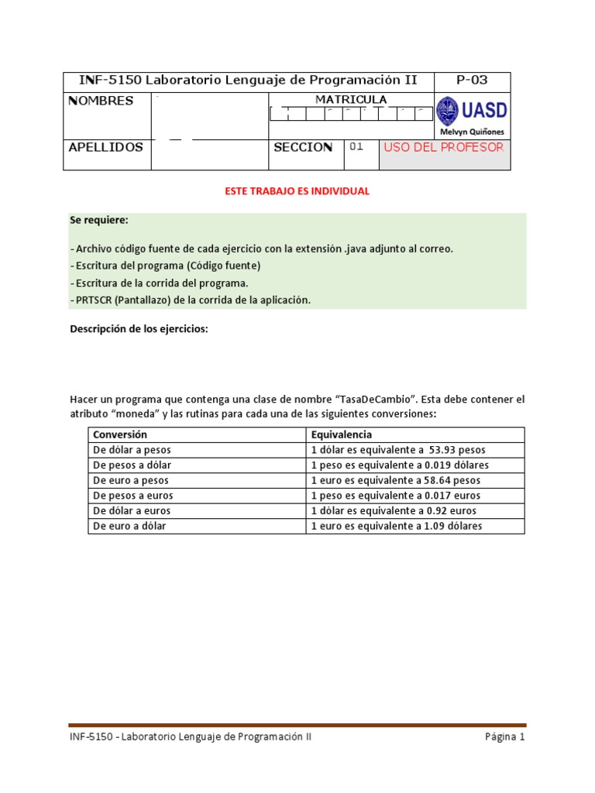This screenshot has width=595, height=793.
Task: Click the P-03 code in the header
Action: (472, 81)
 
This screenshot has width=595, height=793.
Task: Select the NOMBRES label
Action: (101, 101)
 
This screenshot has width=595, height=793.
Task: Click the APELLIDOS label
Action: (106, 147)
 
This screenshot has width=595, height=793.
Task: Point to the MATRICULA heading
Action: (351, 99)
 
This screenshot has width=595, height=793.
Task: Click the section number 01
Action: (356, 147)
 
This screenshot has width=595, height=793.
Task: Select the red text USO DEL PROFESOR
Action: (444, 147)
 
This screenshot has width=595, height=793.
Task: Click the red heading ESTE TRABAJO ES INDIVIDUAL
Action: (297, 191)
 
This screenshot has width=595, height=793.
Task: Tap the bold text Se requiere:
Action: (99, 221)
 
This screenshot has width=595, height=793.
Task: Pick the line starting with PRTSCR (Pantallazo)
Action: (190, 300)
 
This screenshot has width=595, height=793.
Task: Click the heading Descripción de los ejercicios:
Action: (139, 329)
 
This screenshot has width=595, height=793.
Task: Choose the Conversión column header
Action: (120, 434)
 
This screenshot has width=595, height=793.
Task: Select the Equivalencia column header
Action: (342, 434)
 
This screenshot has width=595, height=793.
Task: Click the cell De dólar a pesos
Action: (132, 450)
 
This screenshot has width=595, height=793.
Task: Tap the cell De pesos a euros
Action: (133, 496)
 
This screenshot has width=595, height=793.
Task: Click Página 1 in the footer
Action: (505, 737)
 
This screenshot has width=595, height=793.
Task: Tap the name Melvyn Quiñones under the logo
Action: (472, 132)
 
